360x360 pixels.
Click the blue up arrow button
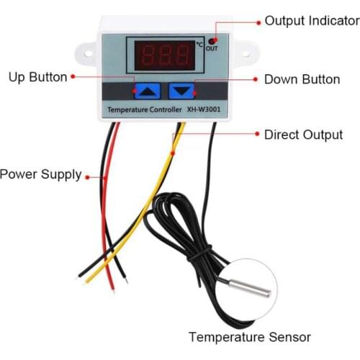(x=148, y=91)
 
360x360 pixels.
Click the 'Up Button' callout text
(x=37, y=76)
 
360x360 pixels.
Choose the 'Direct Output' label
(x=302, y=135)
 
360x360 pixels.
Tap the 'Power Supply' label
(x=40, y=174)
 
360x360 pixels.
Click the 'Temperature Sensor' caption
(x=249, y=336)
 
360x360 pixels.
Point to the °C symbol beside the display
(x=199, y=45)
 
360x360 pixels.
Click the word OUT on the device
(x=212, y=50)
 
